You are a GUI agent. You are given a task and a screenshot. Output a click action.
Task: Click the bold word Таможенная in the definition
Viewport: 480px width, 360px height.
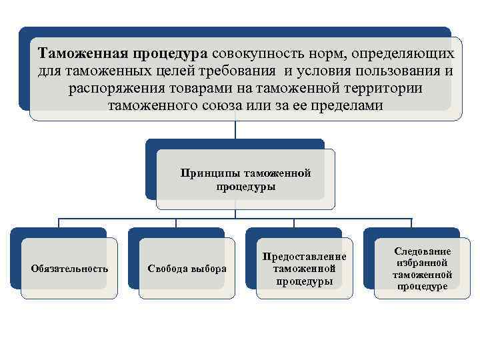tap(79, 53)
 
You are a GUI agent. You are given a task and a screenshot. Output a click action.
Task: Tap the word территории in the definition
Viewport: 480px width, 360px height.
tap(378, 89)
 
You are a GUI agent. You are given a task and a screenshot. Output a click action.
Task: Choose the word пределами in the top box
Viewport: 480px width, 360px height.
tap(347, 106)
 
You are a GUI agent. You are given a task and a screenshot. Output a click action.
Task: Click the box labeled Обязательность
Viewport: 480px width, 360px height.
tap(69, 269)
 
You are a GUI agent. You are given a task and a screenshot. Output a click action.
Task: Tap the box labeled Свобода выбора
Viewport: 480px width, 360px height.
tap(186, 269)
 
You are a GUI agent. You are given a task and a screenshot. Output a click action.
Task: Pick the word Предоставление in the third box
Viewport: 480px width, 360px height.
tap(305, 256)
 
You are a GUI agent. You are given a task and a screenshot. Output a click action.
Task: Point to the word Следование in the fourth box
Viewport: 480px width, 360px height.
tap(423, 251)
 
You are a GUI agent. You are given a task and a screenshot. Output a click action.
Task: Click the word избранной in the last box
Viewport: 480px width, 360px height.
tap(423, 263)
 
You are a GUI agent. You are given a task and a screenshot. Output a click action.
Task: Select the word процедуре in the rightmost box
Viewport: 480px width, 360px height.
tap(423, 287)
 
